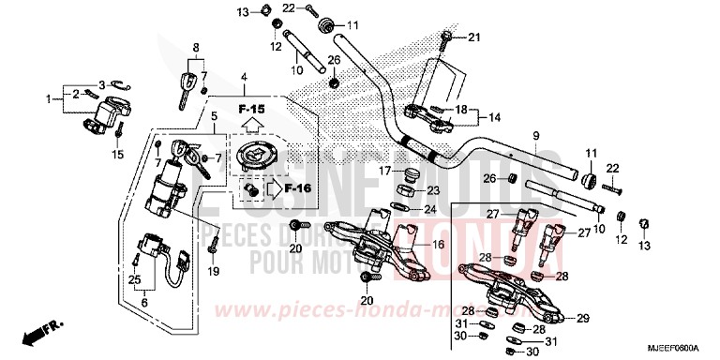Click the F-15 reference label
point(251,110)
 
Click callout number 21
point(472,37)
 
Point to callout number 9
point(536,137)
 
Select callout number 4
point(243,75)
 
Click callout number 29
point(582,319)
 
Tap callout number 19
point(213,272)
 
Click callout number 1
point(50,97)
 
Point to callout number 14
point(494,117)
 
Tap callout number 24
point(430,209)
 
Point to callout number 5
point(213,117)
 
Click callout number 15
point(119,155)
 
